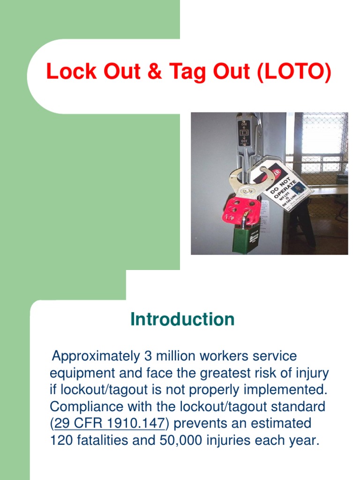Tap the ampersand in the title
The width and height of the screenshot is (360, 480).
coord(159,73)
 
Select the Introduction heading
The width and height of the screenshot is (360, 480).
coord(182,320)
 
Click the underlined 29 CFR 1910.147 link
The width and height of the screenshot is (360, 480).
coord(110,424)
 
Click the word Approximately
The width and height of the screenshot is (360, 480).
coord(94,356)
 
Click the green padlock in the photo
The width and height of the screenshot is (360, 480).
coord(246,236)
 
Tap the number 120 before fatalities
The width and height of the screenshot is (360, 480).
coord(61,441)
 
